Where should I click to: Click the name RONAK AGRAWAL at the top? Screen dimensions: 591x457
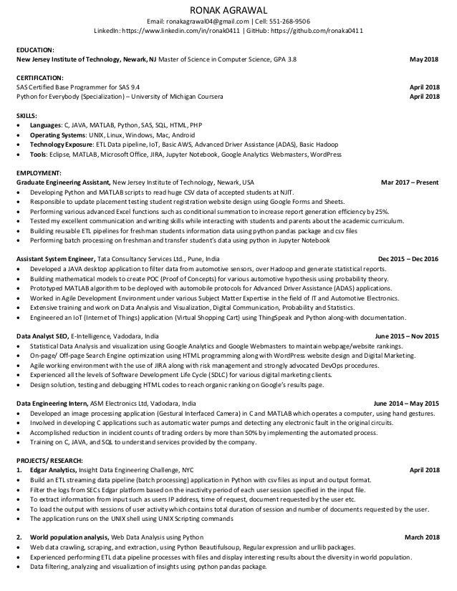pos(228,9)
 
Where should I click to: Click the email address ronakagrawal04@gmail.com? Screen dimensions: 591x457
pos(212,21)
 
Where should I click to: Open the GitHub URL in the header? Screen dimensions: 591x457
pos(321,32)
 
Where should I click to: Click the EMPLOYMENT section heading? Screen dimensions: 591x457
pos(39,172)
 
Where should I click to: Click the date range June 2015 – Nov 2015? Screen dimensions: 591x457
pos(407,334)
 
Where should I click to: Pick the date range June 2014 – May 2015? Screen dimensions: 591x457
pos(406,403)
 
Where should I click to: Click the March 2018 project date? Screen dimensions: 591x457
pos(422,537)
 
